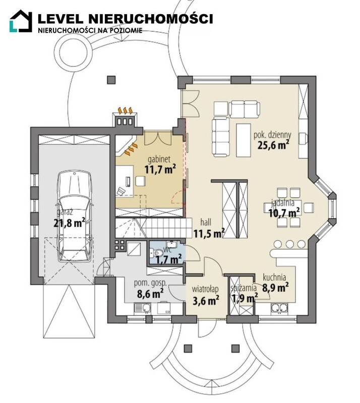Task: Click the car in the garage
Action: click(75, 217)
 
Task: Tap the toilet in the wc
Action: click(157, 253)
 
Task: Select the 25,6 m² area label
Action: click(273, 145)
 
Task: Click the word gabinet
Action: click(159, 159)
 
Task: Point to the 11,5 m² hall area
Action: click(209, 233)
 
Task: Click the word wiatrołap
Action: click(205, 289)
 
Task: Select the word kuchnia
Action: click(274, 277)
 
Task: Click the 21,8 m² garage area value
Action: click(69, 223)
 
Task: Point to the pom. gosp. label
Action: click(151, 284)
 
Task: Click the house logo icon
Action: click(21, 21)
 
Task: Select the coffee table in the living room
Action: click(244, 140)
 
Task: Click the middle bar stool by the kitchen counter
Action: click(290, 244)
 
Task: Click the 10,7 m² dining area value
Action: click(284, 213)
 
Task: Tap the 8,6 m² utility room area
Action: click(151, 293)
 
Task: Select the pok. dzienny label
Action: click(272, 135)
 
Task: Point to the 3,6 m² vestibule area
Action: click(206, 300)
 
